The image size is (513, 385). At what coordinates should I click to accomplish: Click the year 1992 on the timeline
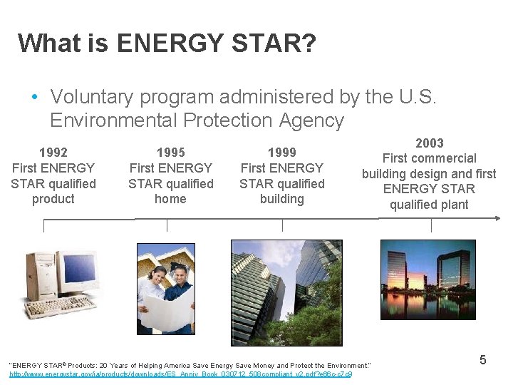click(x=53, y=152)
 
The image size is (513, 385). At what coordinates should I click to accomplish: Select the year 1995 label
click(x=170, y=152)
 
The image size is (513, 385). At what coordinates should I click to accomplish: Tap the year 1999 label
click(x=281, y=152)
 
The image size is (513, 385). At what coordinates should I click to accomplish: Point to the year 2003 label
click(x=429, y=143)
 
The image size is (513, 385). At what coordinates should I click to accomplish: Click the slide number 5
click(x=482, y=360)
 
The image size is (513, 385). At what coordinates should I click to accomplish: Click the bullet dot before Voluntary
click(x=33, y=97)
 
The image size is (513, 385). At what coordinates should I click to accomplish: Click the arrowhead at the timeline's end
click(x=497, y=219)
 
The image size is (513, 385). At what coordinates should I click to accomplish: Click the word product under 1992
click(x=53, y=199)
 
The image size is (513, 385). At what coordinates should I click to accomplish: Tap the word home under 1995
click(x=170, y=199)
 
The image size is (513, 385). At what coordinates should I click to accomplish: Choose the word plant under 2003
click(x=452, y=205)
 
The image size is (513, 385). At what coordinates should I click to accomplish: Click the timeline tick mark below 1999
click(x=282, y=225)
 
